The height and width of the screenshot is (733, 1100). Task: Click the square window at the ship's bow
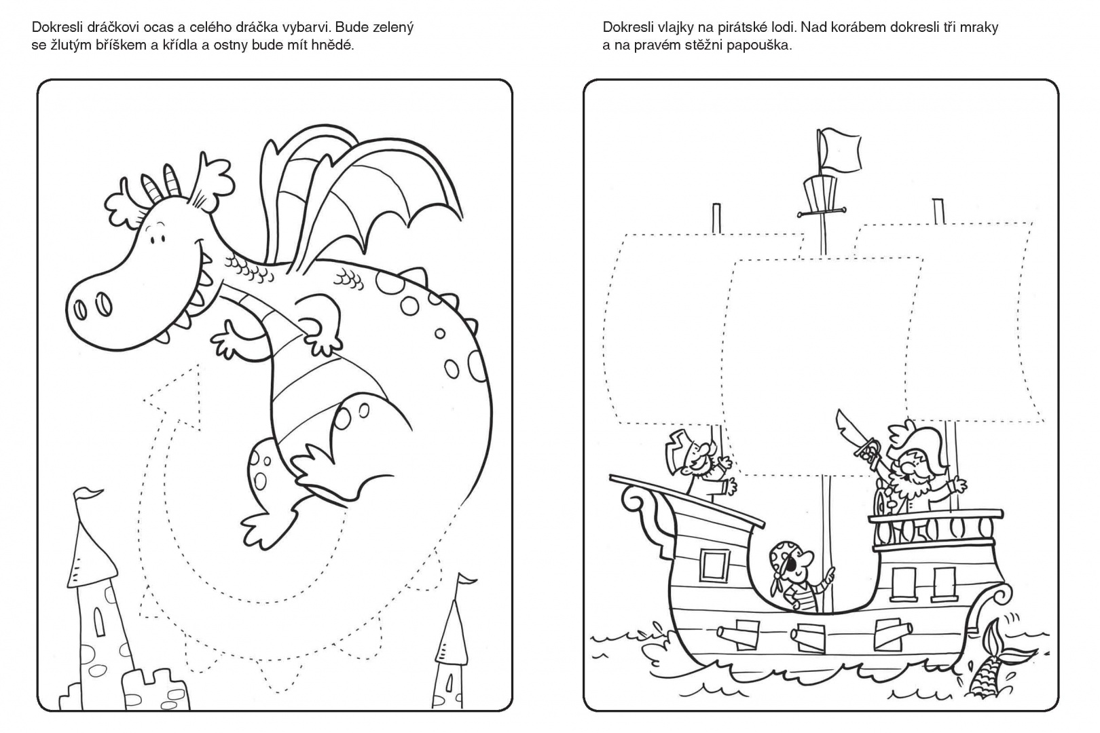pos(715,565)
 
